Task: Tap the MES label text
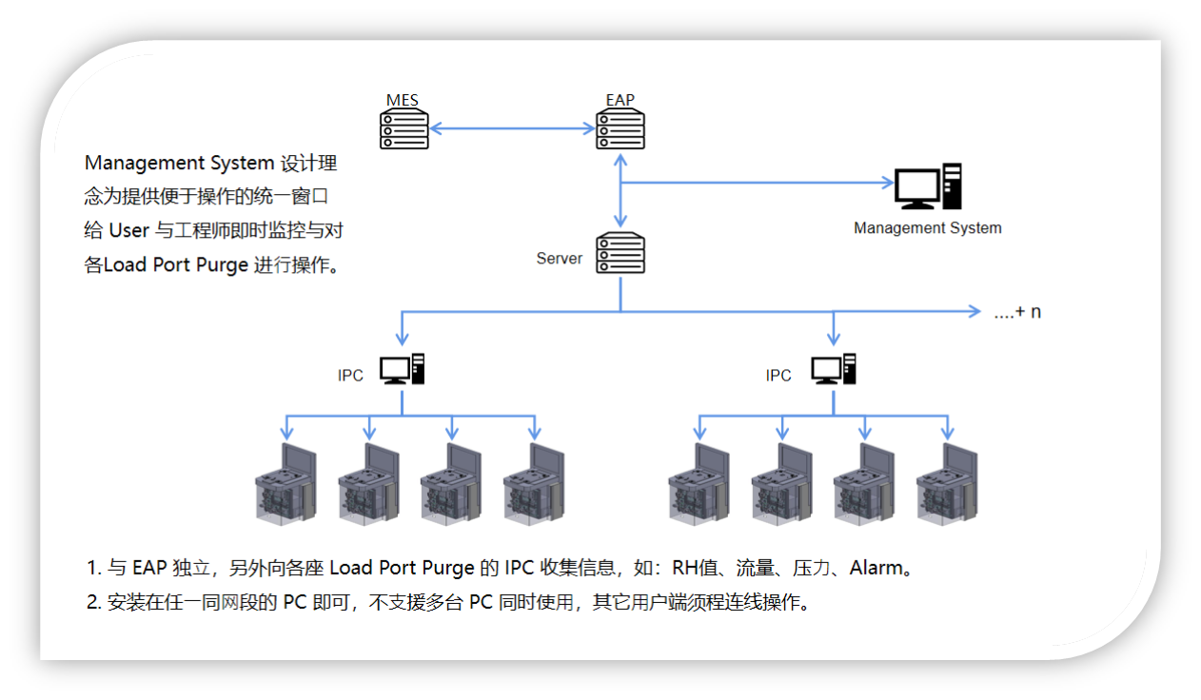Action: (402, 100)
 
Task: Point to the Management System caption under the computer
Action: (927, 228)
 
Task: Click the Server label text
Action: (559, 259)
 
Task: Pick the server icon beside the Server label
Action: (620, 254)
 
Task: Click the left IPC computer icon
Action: (402, 369)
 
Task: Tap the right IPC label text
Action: (778, 376)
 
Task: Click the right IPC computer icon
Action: (834, 369)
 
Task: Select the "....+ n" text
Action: (1017, 312)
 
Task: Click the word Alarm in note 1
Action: (876, 569)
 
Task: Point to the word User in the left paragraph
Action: (129, 230)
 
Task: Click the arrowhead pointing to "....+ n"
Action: (974, 311)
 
